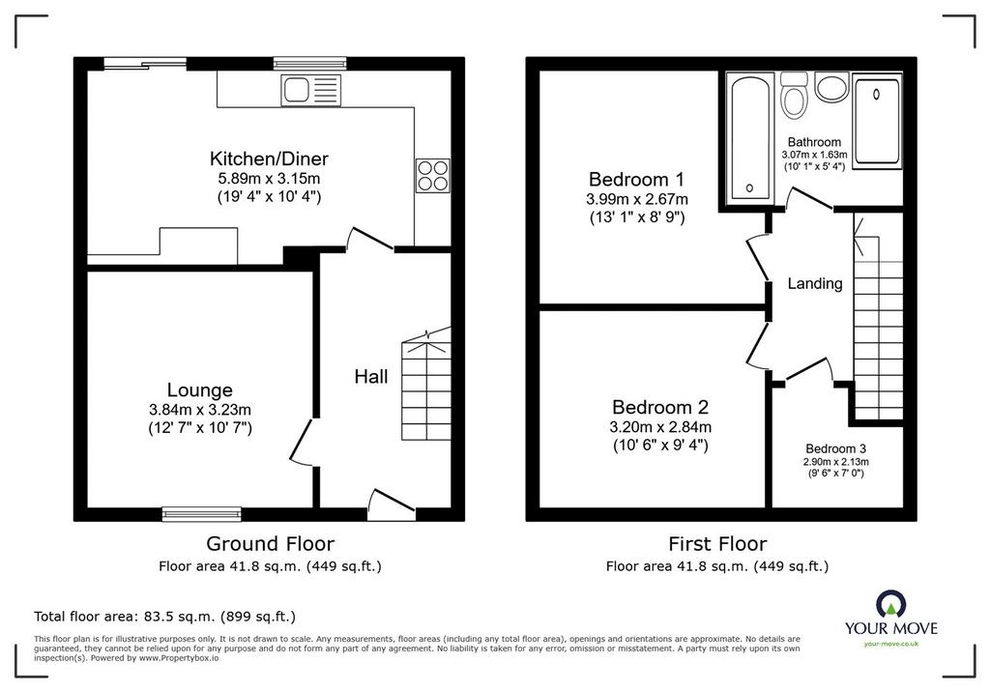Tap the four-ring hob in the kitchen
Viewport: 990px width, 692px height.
click(432, 175)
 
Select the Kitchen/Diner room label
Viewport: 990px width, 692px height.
click(269, 158)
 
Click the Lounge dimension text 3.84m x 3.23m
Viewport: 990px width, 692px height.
click(200, 410)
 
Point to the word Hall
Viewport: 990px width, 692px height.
click(370, 377)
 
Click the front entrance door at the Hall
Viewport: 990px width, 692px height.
click(392, 505)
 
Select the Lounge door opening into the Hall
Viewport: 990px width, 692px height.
click(302, 443)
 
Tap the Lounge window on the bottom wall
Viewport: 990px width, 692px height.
click(202, 514)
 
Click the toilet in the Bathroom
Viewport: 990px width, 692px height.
click(794, 95)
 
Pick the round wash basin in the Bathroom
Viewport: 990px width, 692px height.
click(830, 87)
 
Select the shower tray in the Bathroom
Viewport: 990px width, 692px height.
click(877, 121)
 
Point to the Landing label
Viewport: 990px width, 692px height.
click(814, 283)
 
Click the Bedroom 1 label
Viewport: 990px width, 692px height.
click(637, 180)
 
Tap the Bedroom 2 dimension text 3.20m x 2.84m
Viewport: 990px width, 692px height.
click(660, 427)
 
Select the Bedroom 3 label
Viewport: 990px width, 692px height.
click(835, 448)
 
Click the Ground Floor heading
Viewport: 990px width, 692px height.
click(271, 543)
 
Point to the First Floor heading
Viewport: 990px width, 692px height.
click(718, 543)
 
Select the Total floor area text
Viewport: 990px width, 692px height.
click(164, 617)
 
